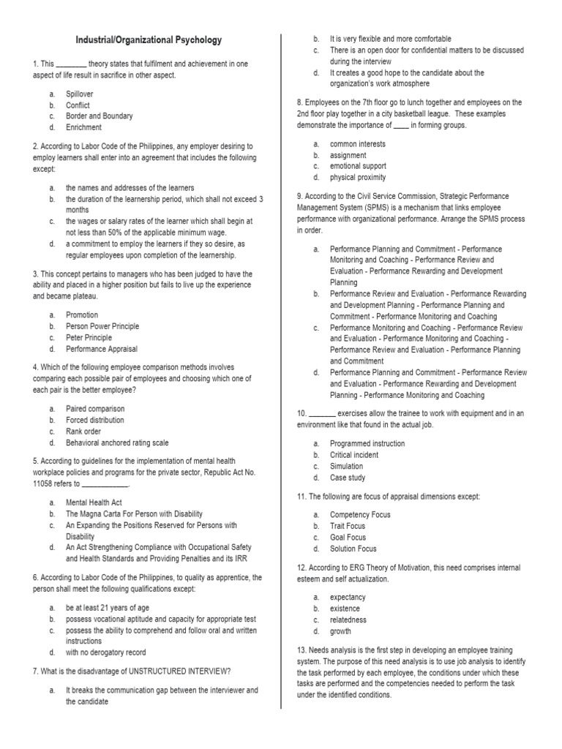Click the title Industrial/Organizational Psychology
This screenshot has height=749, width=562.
(149, 40)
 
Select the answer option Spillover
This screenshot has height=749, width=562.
(80, 94)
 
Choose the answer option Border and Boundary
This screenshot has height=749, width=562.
(99, 116)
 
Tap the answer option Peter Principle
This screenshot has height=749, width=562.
(89, 338)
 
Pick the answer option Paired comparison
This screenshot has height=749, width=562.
(95, 409)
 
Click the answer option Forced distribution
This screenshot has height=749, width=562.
(95, 421)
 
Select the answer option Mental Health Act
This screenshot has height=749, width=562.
(92, 503)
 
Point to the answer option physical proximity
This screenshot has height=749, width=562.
(358, 178)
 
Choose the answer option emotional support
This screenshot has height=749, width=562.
(357, 166)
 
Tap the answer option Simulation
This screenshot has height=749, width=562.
(346, 466)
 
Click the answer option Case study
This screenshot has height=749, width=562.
(347, 478)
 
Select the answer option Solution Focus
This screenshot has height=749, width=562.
(353, 549)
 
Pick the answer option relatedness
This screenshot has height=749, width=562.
(348, 620)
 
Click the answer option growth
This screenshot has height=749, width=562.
(340, 631)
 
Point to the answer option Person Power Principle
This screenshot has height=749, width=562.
(102, 326)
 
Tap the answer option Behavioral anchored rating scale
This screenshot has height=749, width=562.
(117, 443)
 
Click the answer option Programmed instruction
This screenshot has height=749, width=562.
(367, 443)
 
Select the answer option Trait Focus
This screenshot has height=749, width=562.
(348, 526)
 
